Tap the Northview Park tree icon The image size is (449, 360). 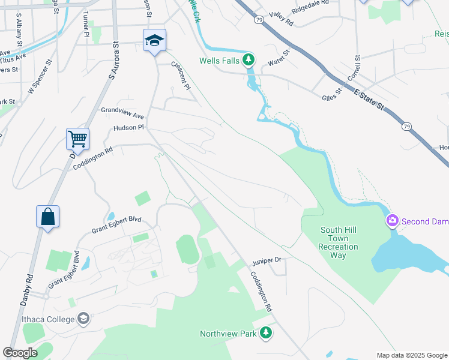coord(266,333)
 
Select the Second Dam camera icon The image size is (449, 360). coord(393,221)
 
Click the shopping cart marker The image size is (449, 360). coord(77,139)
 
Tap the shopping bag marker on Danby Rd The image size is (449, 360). coord(48,217)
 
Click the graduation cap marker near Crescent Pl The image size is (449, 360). coord(154,41)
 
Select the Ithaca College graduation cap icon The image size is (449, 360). coord(84,318)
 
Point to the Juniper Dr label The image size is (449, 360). coord(267,260)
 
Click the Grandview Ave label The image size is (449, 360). coord(122,113)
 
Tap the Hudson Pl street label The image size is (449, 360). coord(128,128)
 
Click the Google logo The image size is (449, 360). coord(20,353)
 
